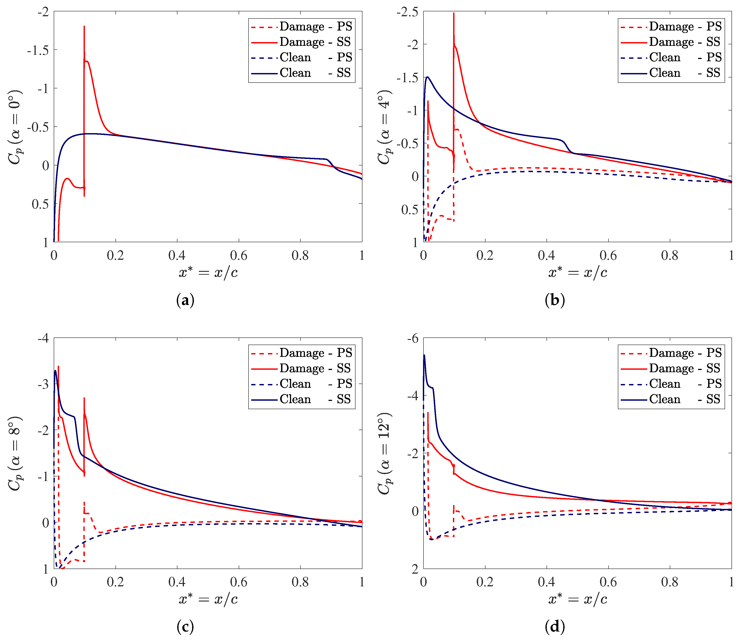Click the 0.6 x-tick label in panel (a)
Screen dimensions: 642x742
[x=238, y=255]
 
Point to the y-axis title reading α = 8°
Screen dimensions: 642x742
[x=15, y=453]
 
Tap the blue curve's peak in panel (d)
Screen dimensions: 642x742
[x=424, y=355]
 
